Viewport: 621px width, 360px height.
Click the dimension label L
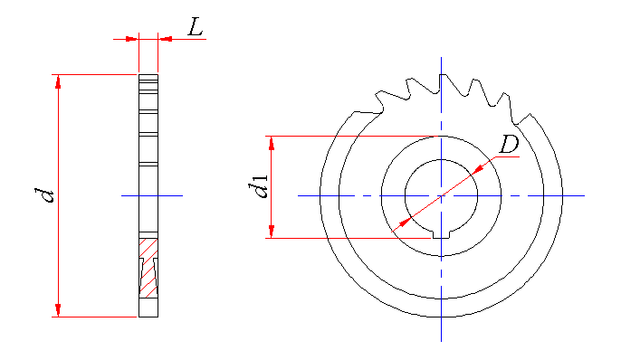196,28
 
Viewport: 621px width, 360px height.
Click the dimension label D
509,144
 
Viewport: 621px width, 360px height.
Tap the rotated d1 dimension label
258,186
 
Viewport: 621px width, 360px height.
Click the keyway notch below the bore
441,234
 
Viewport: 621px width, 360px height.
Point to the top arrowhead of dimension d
58,82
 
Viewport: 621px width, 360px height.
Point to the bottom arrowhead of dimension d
58,309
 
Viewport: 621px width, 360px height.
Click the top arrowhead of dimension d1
272,143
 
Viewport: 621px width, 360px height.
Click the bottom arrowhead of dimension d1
272,231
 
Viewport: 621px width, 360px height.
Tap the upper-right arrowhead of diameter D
478,169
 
